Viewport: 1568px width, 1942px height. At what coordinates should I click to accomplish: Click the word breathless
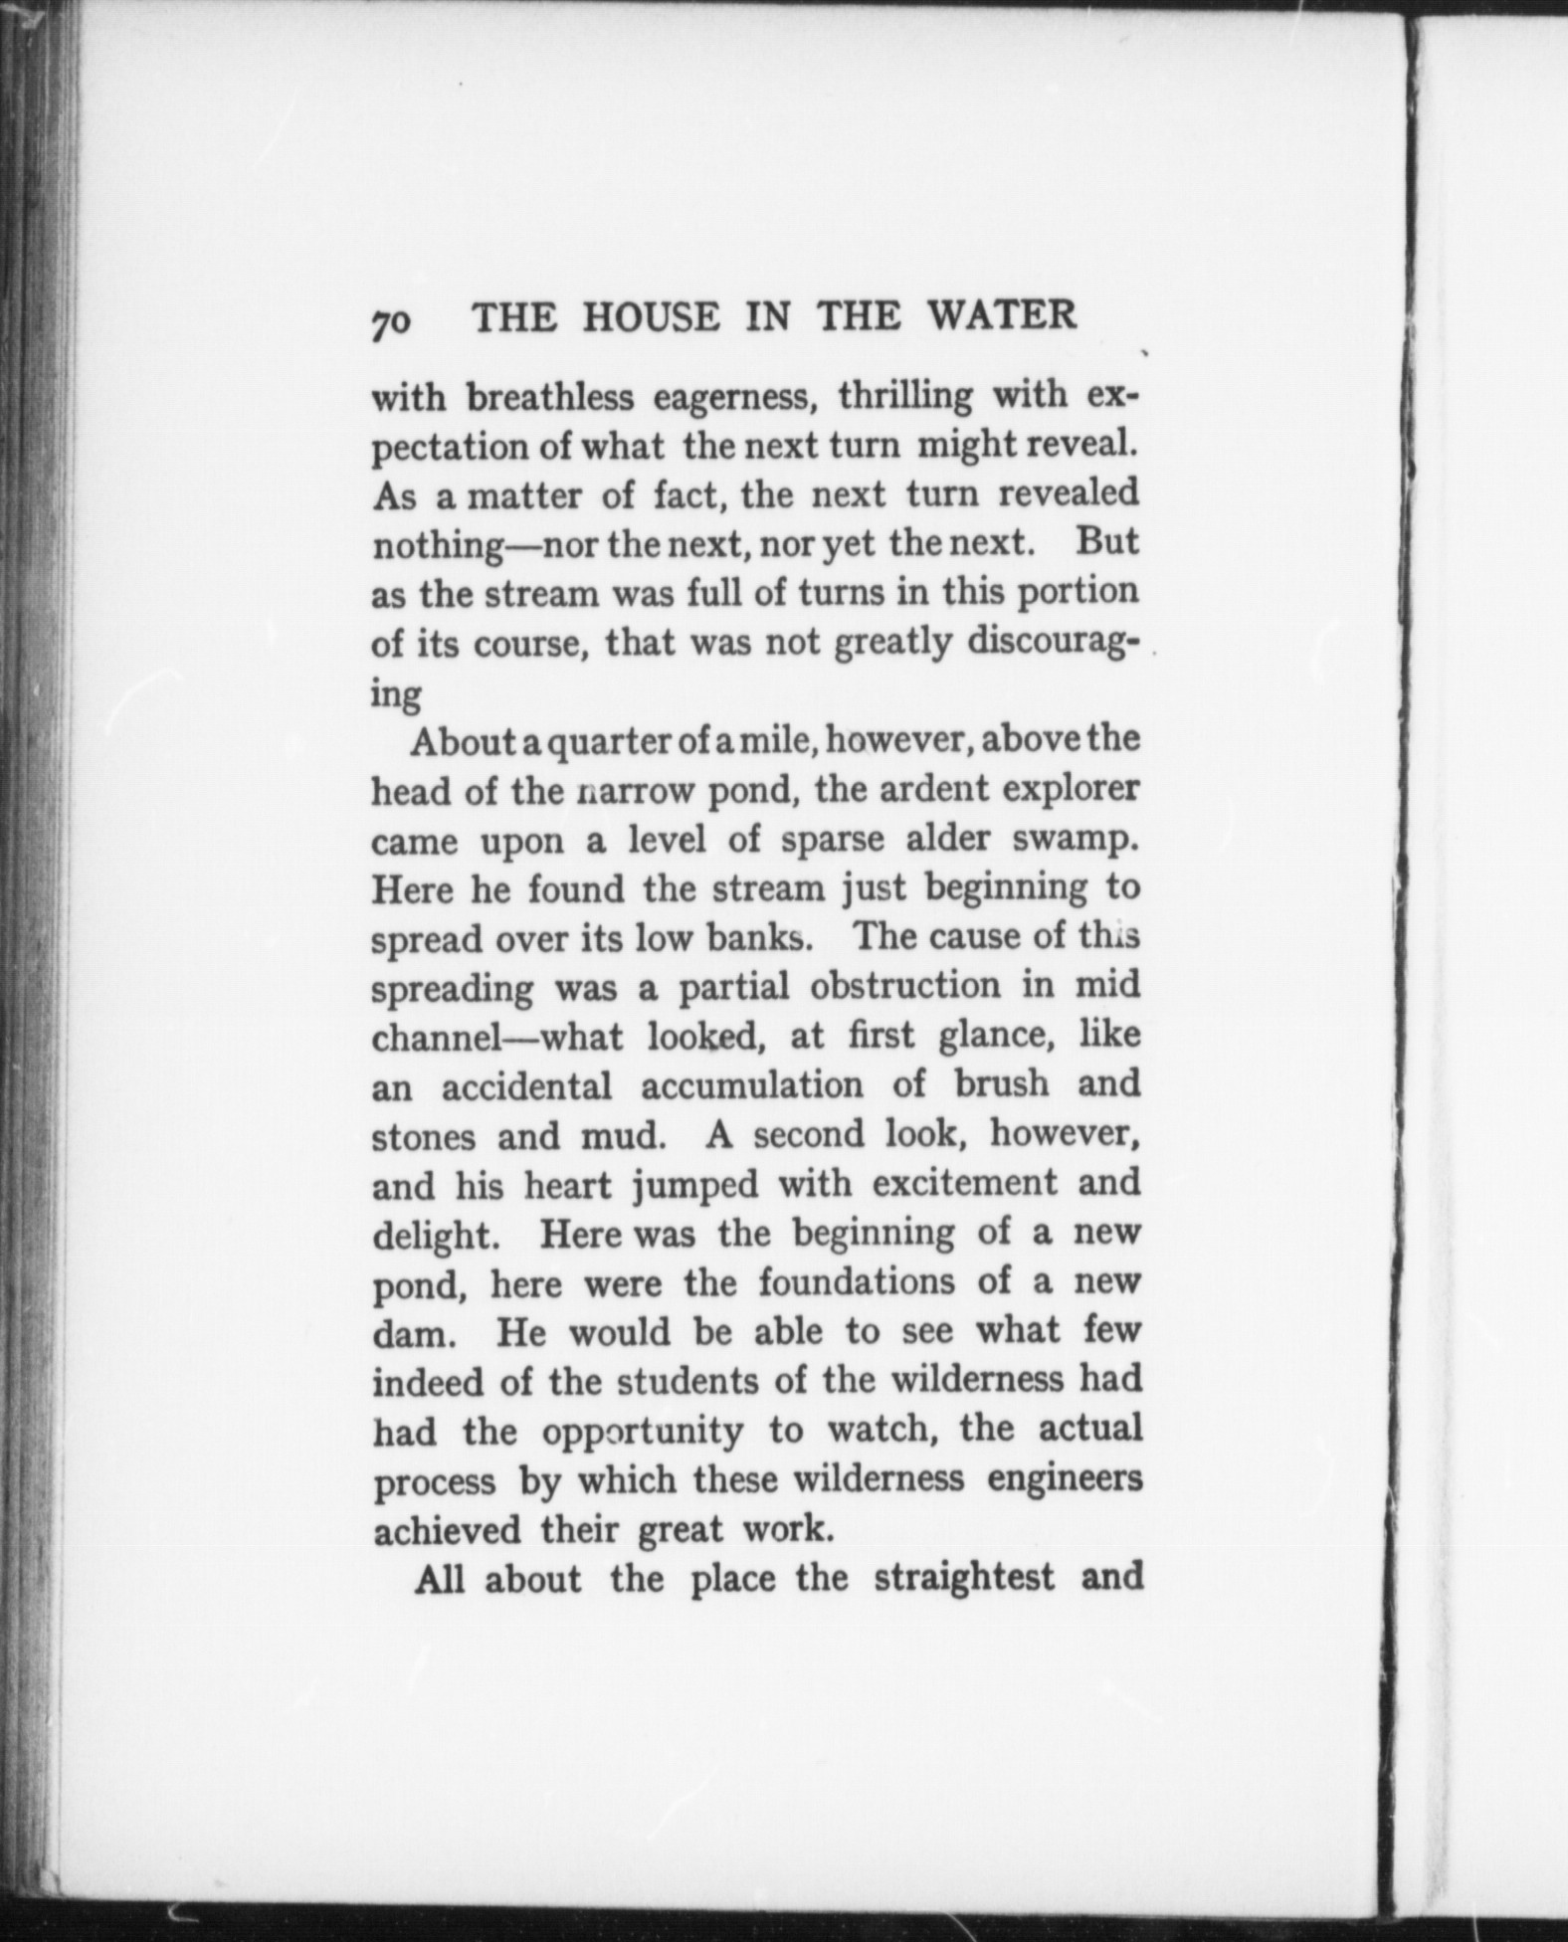click(550, 397)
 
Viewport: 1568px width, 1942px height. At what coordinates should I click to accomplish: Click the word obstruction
click(904, 986)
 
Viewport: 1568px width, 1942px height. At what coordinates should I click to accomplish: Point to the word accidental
click(526, 1085)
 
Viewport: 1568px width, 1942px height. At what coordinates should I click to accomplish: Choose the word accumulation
click(751, 1084)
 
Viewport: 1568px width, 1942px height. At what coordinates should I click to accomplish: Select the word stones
click(425, 1135)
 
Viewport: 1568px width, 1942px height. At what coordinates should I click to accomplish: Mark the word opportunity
click(643, 1432)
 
